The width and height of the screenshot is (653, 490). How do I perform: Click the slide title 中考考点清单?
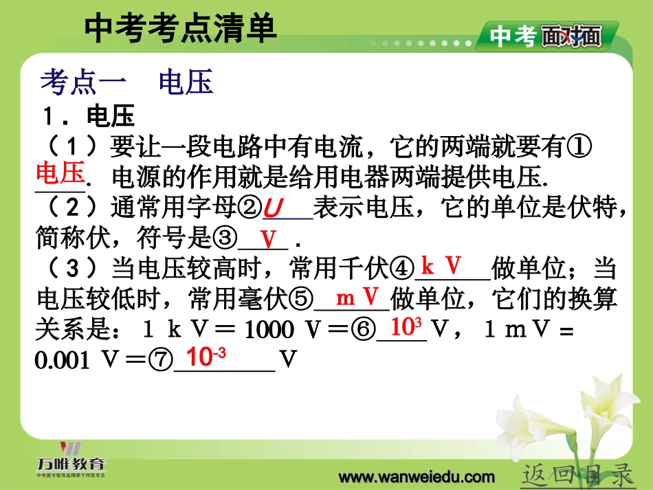point(180,30)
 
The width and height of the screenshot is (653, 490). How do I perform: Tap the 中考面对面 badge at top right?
point(546,36)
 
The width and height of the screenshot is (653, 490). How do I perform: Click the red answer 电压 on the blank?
point(60,172)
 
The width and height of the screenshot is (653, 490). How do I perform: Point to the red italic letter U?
point(274,207)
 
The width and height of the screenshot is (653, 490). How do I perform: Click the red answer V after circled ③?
point(267,239)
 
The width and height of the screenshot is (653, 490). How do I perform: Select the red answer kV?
point(441,266)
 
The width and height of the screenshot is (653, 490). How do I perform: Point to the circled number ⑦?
point(163,360)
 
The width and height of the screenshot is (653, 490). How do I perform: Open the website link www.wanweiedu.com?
point(417,477)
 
